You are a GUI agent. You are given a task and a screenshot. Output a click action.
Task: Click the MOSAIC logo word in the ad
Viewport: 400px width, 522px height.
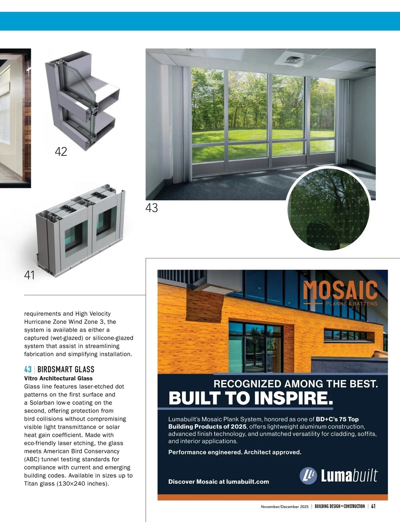pos(340,290)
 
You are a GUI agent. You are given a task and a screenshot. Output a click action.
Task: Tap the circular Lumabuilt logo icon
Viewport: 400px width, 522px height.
pos(308,476)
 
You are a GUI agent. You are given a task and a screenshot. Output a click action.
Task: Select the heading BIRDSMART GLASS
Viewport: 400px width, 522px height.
pos(66,369)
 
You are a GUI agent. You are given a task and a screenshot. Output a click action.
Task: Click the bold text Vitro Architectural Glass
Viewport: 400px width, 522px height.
pos(58,378)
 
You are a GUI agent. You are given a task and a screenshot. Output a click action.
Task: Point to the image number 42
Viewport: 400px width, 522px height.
pos(61,152)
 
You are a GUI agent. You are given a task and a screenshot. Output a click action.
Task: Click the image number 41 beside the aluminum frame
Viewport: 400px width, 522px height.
pos(29,275)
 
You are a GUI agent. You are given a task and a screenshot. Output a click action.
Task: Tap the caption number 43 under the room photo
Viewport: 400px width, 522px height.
pos(152,208)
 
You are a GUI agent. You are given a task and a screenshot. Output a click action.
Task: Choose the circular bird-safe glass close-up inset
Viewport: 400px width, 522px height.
pos(328,209)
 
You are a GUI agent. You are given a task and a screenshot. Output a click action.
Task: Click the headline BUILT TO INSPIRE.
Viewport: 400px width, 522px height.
pos(251,398)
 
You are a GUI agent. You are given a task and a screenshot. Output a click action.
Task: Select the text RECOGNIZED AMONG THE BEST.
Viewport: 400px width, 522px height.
pos(296,384)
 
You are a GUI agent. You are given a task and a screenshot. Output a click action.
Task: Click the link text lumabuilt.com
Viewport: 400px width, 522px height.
pos(247,482)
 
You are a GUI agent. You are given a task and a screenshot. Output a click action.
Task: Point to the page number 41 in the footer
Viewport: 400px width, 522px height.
pos(373,506)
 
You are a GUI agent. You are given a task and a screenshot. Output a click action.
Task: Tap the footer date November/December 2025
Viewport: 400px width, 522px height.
pos(285,507)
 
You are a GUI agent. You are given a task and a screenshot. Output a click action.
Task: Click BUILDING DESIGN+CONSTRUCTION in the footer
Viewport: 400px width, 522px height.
pos(340,506)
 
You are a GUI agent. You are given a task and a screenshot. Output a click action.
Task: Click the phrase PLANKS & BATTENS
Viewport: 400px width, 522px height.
pos(351,304)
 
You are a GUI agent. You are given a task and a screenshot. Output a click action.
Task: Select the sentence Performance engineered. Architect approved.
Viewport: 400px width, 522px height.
pos(235,452)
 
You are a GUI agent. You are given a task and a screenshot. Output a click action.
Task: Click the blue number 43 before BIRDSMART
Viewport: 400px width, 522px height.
pos(28,369)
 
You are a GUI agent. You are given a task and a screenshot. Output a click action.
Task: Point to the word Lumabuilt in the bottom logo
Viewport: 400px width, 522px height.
pos(349,476)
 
